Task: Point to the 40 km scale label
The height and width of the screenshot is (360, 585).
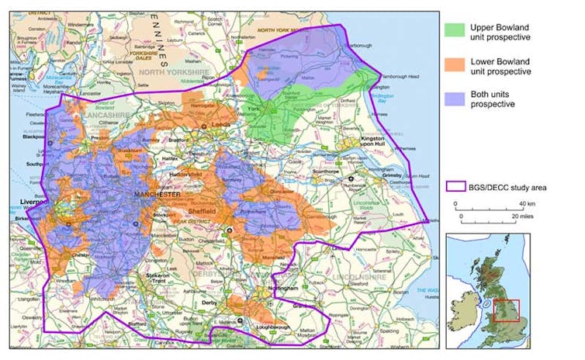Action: (528, 203)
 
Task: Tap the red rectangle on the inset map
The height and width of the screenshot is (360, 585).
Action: (505, 310)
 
